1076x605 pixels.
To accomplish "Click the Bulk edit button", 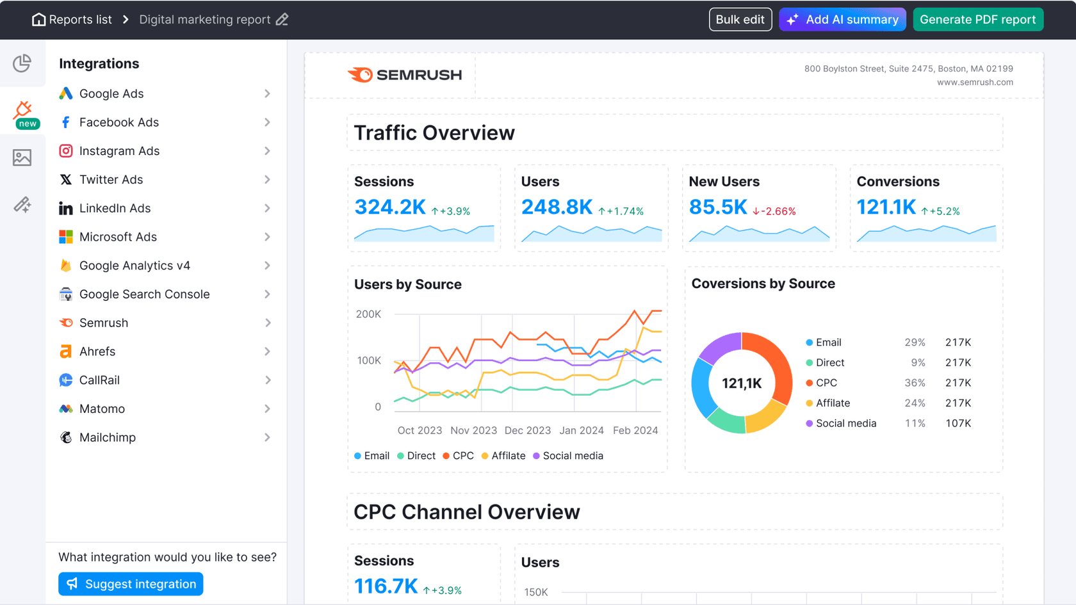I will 740,20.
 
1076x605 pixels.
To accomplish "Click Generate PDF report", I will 977,20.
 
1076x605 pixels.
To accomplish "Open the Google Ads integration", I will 111,93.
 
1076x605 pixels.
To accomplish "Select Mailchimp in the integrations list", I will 108,437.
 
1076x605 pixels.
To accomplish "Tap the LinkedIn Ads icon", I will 65,209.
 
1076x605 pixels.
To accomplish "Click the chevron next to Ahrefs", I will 267,351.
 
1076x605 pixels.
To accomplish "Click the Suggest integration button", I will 131,584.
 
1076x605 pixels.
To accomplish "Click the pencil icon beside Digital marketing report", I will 282,20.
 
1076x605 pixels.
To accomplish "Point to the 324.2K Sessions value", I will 389,207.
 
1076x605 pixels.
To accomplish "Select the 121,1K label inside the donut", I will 742,383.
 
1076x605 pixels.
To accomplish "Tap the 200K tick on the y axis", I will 368,314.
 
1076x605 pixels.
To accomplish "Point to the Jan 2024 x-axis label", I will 581,430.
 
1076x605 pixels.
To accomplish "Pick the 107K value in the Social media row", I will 958,423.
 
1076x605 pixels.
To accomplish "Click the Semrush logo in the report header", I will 405,75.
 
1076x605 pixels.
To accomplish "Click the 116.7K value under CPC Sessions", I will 386,586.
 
